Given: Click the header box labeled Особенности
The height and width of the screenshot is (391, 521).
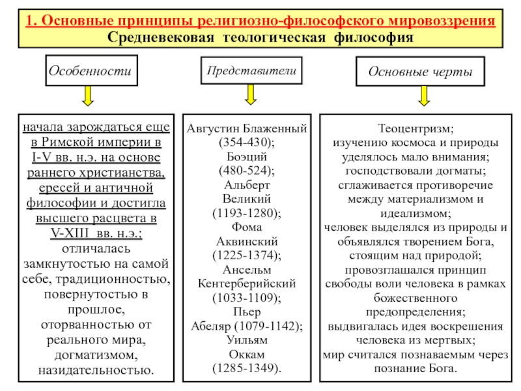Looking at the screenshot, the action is pos(91,70).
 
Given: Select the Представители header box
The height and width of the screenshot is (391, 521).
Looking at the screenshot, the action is pos(251,70).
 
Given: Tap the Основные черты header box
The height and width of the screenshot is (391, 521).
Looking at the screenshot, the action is pos(420,71).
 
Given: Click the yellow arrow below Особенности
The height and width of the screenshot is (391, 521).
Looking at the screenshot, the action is pos(88,96).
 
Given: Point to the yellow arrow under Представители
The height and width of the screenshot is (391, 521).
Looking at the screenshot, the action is pos(251,94).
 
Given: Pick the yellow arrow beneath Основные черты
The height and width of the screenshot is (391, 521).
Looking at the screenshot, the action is pos(424,96).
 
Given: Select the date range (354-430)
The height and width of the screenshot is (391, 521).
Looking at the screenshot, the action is pos(247,142).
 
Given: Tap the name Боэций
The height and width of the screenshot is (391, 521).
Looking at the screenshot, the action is pos(247,156).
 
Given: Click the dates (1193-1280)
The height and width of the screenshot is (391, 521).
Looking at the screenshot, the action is pos(247,213).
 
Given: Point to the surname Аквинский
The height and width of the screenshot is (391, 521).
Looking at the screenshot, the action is pos(247,241).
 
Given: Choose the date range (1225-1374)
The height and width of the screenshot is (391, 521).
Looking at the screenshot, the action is pos(247,255).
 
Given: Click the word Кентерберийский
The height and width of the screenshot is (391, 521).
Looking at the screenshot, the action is pos(247,283).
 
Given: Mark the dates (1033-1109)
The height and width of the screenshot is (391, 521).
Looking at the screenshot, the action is pos(247,298).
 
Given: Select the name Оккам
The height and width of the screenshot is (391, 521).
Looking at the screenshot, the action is pos(247,355).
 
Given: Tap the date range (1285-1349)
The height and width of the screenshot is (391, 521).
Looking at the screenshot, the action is pos(247,368).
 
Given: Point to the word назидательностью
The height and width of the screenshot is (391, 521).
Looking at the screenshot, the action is pos(96,370).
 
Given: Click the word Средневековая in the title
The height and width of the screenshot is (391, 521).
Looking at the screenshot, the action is pos(160,37).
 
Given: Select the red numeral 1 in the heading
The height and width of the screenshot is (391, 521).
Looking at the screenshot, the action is pos(31,21).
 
